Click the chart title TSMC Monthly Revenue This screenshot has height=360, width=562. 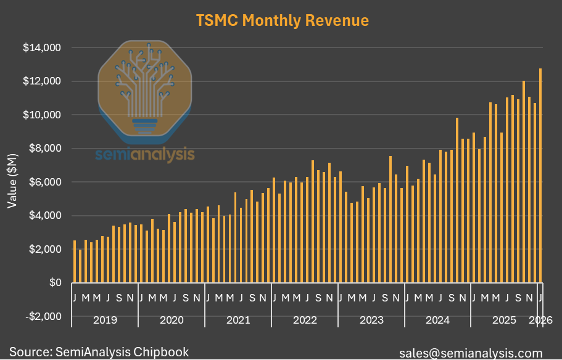point(282,20)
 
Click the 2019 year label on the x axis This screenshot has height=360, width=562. point(104,321)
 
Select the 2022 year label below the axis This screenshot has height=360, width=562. point(305,321)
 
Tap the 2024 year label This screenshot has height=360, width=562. point(437,321)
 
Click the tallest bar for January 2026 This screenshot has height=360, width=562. point(540,176)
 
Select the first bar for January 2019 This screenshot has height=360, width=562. point(75,261)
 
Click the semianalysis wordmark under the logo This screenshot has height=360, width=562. point(144,154)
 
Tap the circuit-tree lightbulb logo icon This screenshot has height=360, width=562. point(144,86)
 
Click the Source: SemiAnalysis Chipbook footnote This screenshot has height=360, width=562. point(99,352)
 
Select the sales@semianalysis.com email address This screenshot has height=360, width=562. point(471,353)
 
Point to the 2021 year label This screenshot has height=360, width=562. point(238,321)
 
